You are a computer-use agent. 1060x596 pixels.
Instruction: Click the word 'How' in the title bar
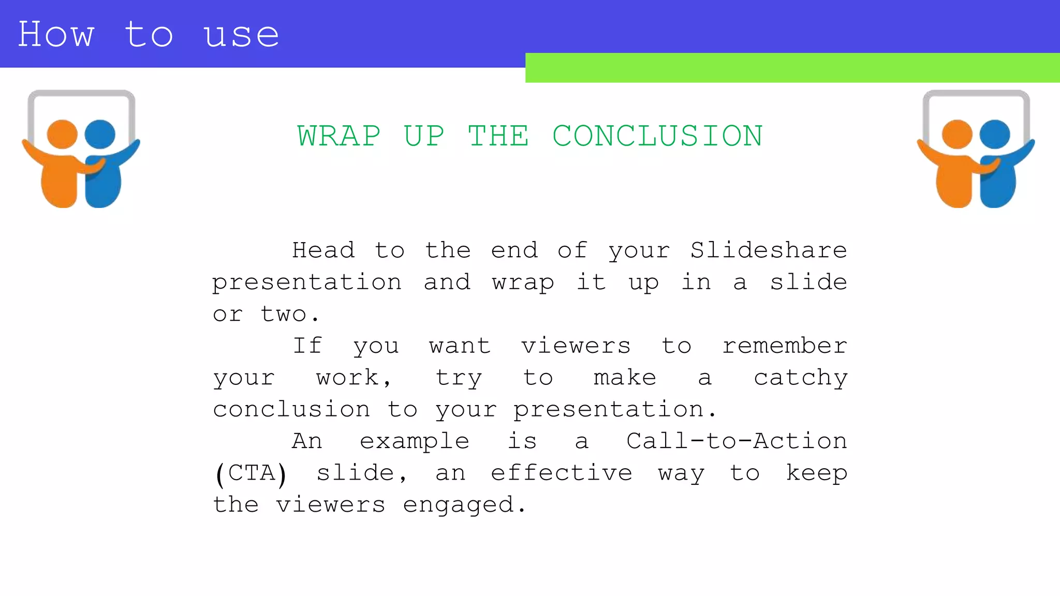(56, 35)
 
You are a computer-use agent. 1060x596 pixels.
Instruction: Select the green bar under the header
(792, 68)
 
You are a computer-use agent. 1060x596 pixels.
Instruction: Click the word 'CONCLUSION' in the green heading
(657, 136)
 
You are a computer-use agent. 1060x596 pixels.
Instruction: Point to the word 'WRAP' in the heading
(339, 136)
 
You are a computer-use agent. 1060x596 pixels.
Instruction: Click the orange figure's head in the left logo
(62, 134)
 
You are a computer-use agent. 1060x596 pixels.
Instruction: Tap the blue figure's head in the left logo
(100, 134)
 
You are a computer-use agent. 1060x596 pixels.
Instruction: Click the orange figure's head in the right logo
(957, 134)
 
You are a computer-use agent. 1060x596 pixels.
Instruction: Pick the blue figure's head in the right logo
(995, 134)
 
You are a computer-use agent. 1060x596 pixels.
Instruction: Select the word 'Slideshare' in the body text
(769, 250)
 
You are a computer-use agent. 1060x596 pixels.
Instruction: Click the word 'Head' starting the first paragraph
(323, 250)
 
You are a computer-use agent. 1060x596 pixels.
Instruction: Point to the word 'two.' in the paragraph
(290, 314)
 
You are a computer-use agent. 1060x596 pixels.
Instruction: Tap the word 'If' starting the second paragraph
(307, 346)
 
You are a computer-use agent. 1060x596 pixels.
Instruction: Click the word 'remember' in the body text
(785, 346)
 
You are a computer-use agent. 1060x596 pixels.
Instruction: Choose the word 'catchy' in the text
(801, 378)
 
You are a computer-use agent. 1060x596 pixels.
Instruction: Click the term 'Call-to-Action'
(737, 441)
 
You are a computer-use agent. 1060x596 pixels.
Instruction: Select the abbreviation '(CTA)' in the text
(251, 473)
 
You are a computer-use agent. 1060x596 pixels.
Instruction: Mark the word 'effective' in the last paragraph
(562, 473)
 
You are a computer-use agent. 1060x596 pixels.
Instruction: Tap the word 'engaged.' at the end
(464, 505)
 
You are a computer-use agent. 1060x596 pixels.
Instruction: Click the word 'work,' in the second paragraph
(354, 378)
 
